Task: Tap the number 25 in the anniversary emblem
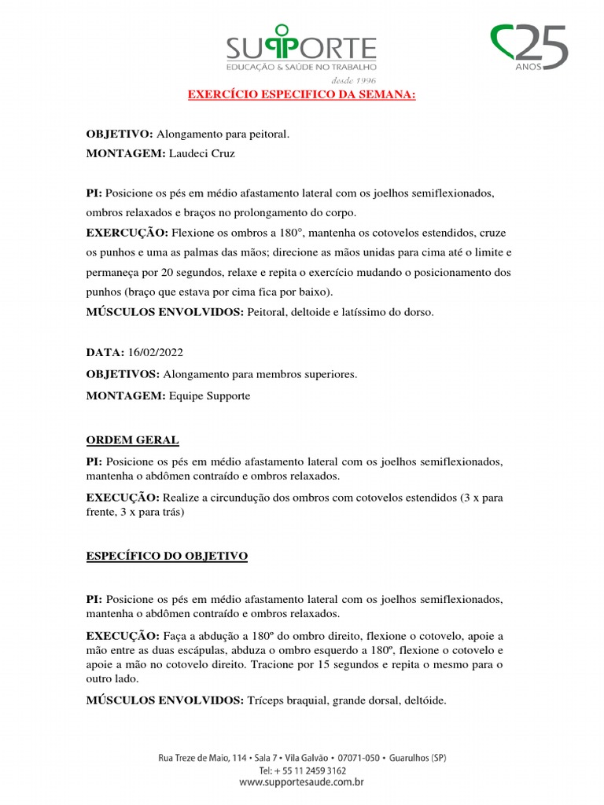[543, 46]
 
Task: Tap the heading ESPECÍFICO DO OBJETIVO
[167, 556]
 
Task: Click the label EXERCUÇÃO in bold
[127, 233]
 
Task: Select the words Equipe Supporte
[209, 396]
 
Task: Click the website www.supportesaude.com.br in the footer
[303, 783]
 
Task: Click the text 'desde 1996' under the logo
[354, 80]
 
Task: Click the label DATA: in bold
[104, 354]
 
